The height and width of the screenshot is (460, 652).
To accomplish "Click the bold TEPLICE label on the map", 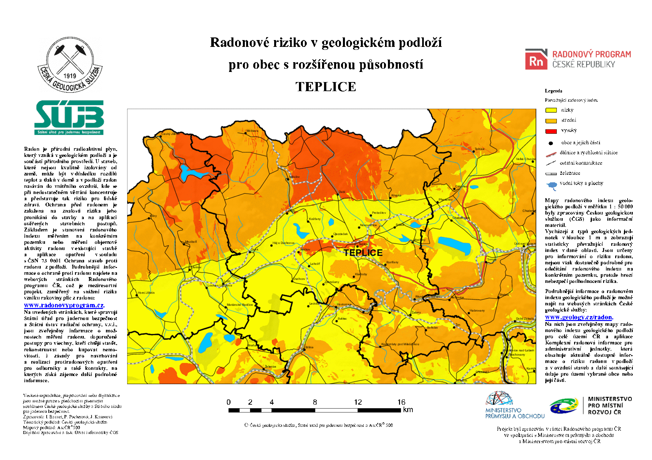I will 363,253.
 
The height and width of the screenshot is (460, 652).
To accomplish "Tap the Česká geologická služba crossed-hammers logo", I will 70,64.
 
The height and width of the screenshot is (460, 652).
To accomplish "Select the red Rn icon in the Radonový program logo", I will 536,61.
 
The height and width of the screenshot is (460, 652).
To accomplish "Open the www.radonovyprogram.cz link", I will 64,305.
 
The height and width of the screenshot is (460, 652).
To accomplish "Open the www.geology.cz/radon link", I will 579,317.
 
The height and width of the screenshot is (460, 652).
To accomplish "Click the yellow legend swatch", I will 551,110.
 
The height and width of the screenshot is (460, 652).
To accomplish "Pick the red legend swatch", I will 551,132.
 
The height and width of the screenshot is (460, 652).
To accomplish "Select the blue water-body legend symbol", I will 552,186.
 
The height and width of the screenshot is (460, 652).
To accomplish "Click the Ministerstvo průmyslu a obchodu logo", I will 515,405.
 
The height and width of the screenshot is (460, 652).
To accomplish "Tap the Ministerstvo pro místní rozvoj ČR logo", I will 590,405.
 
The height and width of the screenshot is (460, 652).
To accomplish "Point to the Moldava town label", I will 252,131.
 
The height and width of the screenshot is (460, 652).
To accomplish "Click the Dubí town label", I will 342,192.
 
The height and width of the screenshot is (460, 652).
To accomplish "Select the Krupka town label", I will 396,195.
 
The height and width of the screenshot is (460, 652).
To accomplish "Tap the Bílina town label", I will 309,347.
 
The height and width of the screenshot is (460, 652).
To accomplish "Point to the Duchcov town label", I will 299,279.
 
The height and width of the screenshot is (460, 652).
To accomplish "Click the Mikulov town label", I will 294,177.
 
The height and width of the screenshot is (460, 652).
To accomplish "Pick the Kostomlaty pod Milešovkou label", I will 400,344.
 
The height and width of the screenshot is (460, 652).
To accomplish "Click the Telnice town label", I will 480,149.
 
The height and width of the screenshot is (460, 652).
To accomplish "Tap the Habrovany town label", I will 477,311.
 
